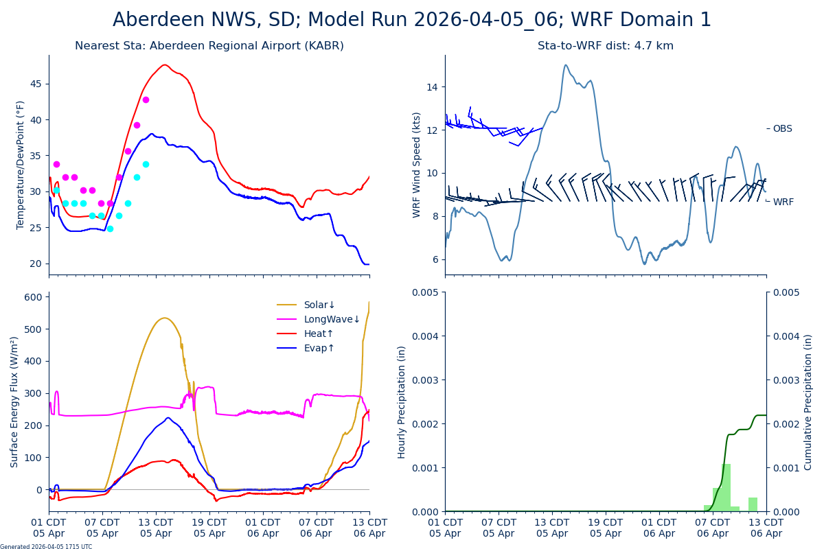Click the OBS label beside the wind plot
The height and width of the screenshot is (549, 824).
tap(782, 128)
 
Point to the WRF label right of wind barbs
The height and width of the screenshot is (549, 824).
tap(783, 202)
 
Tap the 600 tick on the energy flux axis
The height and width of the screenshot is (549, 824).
tap(34, 296)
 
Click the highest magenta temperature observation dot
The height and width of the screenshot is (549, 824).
tap(146, 100)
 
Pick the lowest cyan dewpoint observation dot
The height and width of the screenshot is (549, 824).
tap(110, 229)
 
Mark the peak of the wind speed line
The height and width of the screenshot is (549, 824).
tap(566, 65)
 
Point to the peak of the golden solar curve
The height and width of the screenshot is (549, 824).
tap(164, 318)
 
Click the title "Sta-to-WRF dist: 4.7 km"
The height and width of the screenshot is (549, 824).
tap(605, 46)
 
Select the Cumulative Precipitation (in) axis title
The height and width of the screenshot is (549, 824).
tap(808, 401)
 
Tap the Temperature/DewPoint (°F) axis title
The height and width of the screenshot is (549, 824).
tap(21, 165)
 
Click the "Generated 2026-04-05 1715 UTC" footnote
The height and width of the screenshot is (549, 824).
tap(46, 546)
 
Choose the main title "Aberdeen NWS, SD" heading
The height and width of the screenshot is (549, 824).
tap(412, 20)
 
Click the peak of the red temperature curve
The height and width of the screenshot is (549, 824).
tap(165, 65)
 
